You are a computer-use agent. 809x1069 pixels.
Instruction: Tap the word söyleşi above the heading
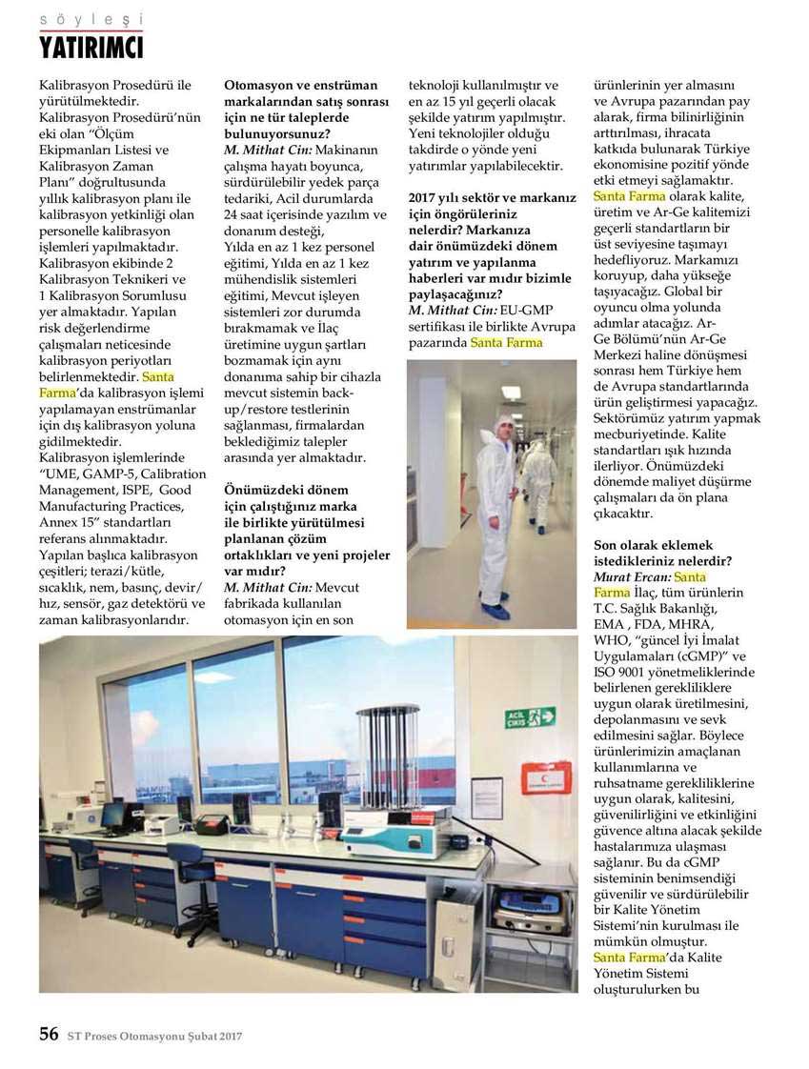coord(91,19)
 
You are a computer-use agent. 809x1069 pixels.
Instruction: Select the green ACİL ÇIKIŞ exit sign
coord(530,716)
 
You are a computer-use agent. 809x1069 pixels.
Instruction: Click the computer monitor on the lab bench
coord(113,815)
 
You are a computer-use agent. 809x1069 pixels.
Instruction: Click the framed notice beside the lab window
coord(487,798)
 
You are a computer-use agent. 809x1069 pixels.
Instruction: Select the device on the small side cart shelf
coord(530,910)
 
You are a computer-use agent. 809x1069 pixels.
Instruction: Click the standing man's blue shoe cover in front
coord(496,612)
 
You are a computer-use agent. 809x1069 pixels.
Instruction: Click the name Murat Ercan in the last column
coord(631,577)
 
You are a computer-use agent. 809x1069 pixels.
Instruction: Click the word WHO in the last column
coord(613,640)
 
